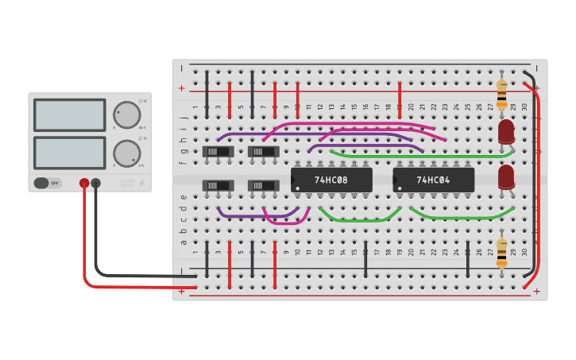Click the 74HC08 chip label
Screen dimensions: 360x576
pyautogui.click(x=331, y=180)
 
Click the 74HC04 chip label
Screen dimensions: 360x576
pyautogui.click(x=433, y=180)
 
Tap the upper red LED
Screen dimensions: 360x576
pyautogui.click(x=506, y=131)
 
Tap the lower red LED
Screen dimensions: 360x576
pyautogui.click(x=506, y=176)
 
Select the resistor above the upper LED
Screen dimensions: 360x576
pyautogui.click(x=501, y=94)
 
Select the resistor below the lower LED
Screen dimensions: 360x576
pyautogui.click(x=501, y=252)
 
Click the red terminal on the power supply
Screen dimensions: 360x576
pyautogui.click(x=84, y=184)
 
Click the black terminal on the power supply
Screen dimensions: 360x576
pyautogui.click(x=96, y=184)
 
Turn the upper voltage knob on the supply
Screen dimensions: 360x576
pyautogui.click(x=126, y=114)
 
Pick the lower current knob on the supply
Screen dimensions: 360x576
pyautogui.click(x=126, y=153)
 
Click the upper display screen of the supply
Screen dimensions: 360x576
pyautogui.click(x=69, y=115)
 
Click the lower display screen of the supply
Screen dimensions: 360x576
pyautogui.click(x=69, y=153)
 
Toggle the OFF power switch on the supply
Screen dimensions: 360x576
pyautogui.click(x=47, y=184)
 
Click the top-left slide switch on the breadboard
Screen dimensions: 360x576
pyautogui.click(x=218, y=151)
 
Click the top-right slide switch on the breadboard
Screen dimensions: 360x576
pyautogui.click(x=263, y=151)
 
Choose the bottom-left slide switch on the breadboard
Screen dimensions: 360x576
pyautogui.click(x=218, y=186)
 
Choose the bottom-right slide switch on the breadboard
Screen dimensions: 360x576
pyautogui.click(x=263, y=186)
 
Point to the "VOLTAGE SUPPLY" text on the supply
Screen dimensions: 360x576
pyautogui.click(x=127, y=184)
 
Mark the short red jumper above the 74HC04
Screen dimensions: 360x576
pyautogui.click(x=400, y=94)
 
